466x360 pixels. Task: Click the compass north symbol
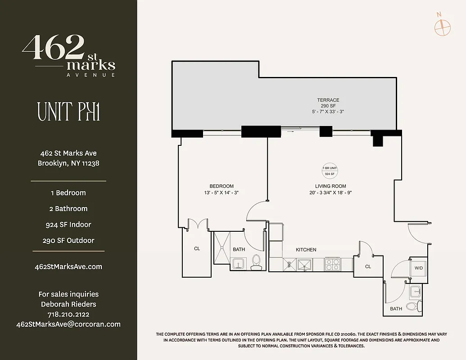coord(442,26)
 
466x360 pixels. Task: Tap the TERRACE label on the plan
coord(328,100)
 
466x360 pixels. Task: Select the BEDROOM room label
coord(222,186)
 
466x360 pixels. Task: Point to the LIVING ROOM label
coord(330,186)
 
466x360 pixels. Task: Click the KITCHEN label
coord(306,250)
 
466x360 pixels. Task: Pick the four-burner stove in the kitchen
coord(333,264)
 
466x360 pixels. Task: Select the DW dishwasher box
coord(289,265)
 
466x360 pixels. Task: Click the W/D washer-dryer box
coord(419,268)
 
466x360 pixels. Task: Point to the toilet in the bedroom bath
coord(256,262)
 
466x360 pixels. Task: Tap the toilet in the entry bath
coord(412,306)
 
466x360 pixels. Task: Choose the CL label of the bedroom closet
coord(197,248)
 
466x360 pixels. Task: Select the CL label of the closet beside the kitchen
coord(368,266)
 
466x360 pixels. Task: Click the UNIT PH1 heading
coord(68,112)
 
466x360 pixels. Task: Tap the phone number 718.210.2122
coord(68,314)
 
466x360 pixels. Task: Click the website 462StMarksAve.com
coord(68,266)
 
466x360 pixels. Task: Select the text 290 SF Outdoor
coord(68,240)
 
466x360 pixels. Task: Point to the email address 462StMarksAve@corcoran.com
coord(68,324)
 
